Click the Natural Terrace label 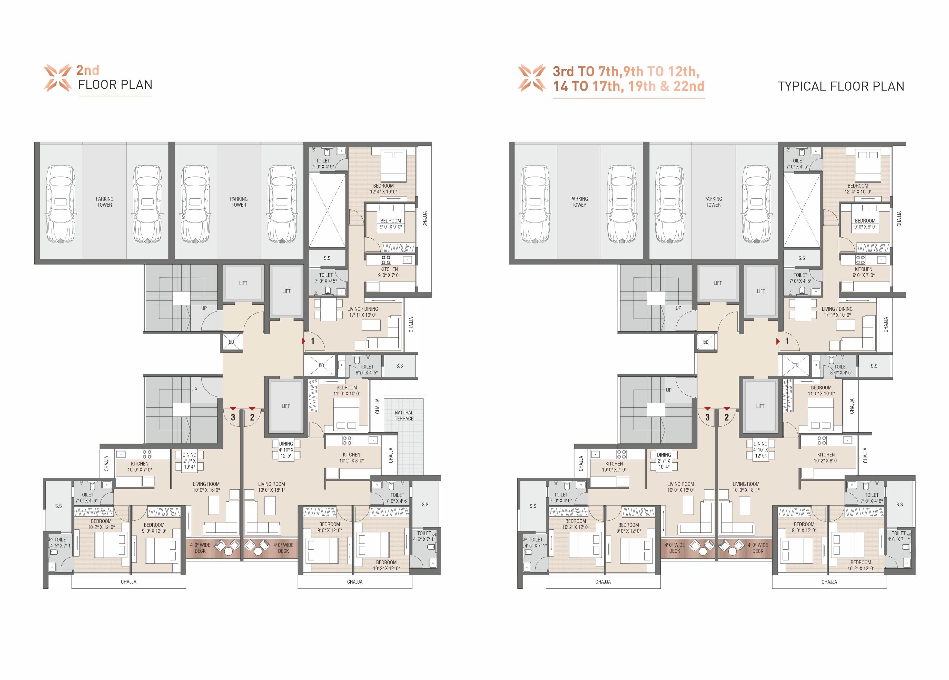coord(404,415)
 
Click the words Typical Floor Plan coord(841,86)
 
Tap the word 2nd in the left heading coord(87,70)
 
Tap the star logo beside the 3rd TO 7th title coord(532,77)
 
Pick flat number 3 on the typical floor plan coord(707,417)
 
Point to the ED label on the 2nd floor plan coord(231,342)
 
